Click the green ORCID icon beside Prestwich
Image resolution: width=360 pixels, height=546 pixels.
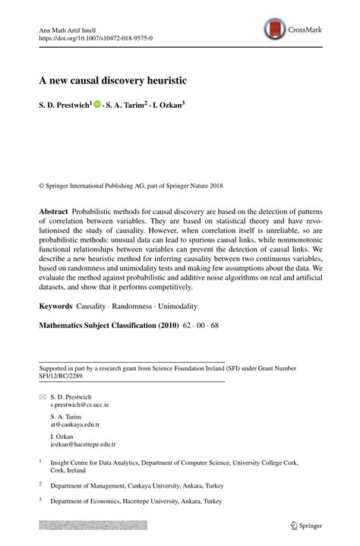pos(97,106)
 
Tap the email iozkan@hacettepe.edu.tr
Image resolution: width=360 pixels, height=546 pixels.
pos(83,445)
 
